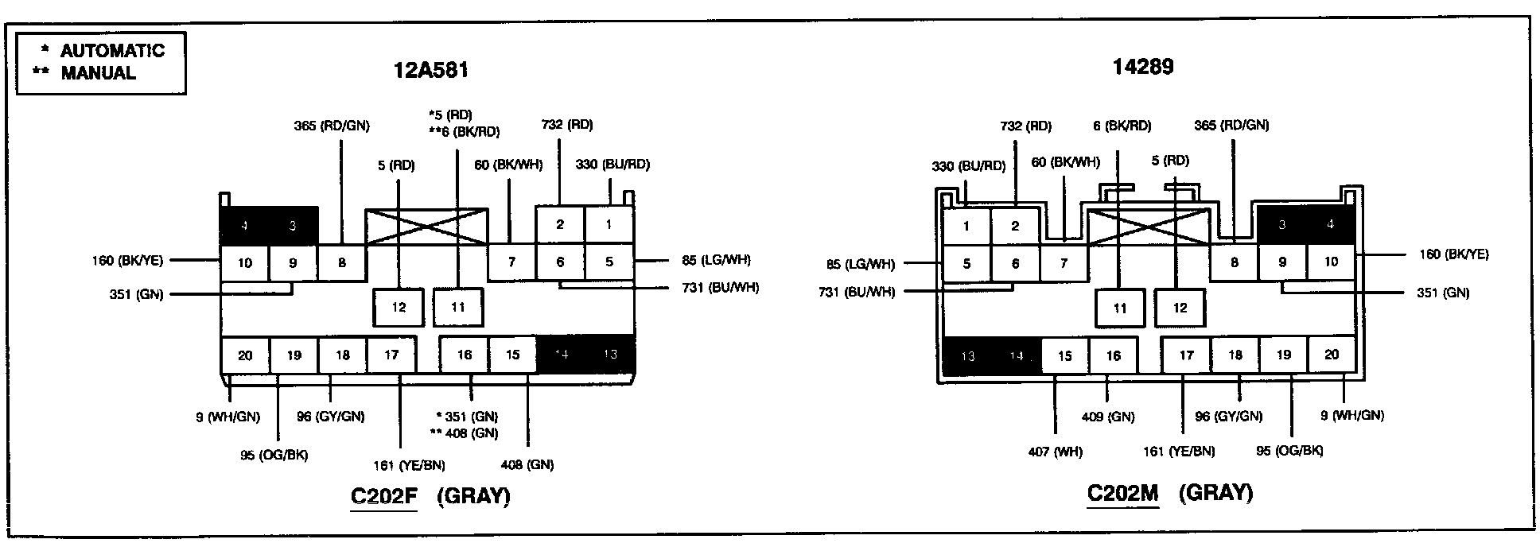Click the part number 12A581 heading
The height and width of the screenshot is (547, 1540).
pyautogui.click(x=431, y=71)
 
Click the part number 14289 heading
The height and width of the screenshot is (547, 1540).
pyautogui.click(x=1142, y=67)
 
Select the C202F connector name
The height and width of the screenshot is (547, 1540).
pyautogui.click(x=383, y=496)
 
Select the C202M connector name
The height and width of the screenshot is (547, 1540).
pyautogui.click(x=1122, y=493)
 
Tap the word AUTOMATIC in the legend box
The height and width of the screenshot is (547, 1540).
pyautogui.click(x=112, y=51)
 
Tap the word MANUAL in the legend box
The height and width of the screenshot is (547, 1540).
pyautogui.click(x=99, y=73)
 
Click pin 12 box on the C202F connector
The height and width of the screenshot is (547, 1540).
pyautogui.click(x=399, y=308)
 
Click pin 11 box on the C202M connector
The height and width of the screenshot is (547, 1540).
pyautogui.click(x=1120, y=308)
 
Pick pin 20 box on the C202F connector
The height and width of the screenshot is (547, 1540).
pyautogui.click(x=245, y=355)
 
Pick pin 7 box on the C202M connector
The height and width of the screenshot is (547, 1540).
pyautogui.click(x=1064, y=263)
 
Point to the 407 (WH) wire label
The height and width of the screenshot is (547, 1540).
pyautogui.click(x=1055, y=452)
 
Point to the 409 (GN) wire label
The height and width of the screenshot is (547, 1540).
pyautogui.click(x=1108, y=417)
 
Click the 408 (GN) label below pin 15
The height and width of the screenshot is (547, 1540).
pyautogui.click(x=527, y=465)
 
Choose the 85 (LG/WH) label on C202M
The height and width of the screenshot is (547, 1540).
pyautogui.click(x=860, y=264)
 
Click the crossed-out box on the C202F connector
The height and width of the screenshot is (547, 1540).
pyautogui.click(x=426, y=227)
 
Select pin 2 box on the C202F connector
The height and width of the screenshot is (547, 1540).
pyautogui.click(x=560, y=224)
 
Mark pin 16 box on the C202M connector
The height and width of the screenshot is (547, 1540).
pyautogui.click(x=1113, y=355)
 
